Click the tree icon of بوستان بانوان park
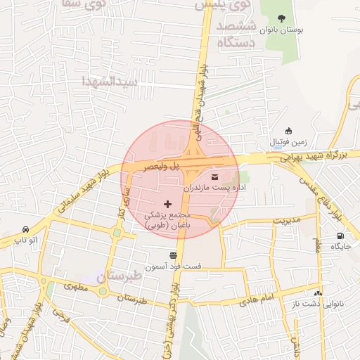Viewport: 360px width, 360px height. pos(281,18)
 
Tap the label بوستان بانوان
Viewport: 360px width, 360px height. pos(281,31)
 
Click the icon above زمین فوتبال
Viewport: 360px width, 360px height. pos(288,131)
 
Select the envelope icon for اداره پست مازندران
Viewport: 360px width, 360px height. pos(214,176)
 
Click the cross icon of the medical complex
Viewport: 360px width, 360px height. pos(167,204)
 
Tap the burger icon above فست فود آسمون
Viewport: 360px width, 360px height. pos(173,255)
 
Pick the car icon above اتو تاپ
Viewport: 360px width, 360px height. pos(26,230)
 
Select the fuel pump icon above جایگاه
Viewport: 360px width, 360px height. pos(341,236)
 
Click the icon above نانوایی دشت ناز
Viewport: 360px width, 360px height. pos(318,293)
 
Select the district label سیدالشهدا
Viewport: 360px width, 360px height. pos(109,79)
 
